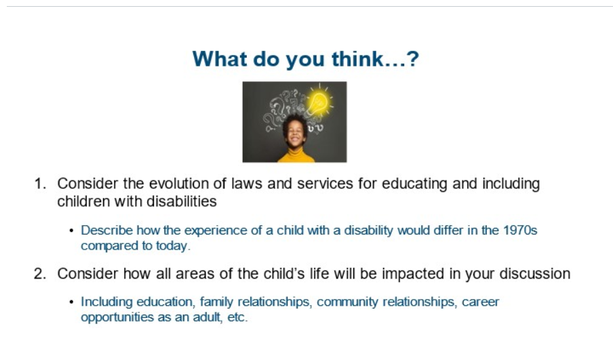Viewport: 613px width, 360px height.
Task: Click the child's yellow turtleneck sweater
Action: [296, 155]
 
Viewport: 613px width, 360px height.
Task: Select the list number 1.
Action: [40, 184]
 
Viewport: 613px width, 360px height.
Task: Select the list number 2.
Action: [40, 274]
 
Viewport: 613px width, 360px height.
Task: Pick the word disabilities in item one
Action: [182, 201]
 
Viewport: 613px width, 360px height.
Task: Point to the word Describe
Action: [106, 231]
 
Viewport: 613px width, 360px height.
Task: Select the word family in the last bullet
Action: [216, 302]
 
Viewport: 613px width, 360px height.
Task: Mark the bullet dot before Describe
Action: [71, 231]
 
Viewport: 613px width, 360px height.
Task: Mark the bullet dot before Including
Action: [71, 302]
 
